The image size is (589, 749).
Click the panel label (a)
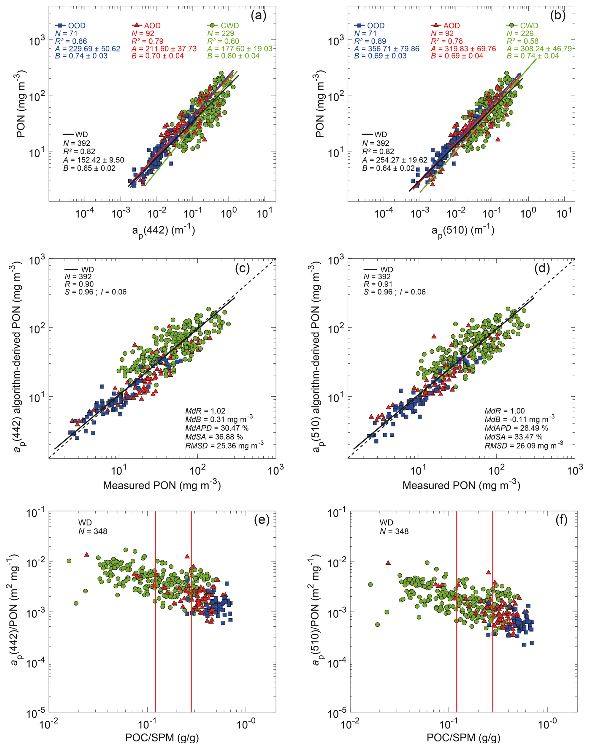(258, 16)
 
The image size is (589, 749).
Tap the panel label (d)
(542, 268)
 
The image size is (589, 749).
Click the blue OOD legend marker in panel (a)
(60, 26)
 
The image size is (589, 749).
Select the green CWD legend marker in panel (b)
(512, 26)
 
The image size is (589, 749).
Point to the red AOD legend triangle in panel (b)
(436, 25)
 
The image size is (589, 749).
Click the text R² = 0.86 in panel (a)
(71, 41)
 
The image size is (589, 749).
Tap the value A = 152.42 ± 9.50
(93, 160)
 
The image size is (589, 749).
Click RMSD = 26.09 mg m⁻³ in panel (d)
(524, 445)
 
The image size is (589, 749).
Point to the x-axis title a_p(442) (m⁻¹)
(163, 230)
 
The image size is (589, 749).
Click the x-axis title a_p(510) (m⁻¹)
(463, 230)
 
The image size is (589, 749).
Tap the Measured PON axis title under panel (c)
(162, 485)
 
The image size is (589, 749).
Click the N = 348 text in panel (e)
(93, 531)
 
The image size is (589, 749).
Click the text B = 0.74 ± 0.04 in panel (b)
(532, 56)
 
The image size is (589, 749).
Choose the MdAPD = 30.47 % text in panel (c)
(217, 428)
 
